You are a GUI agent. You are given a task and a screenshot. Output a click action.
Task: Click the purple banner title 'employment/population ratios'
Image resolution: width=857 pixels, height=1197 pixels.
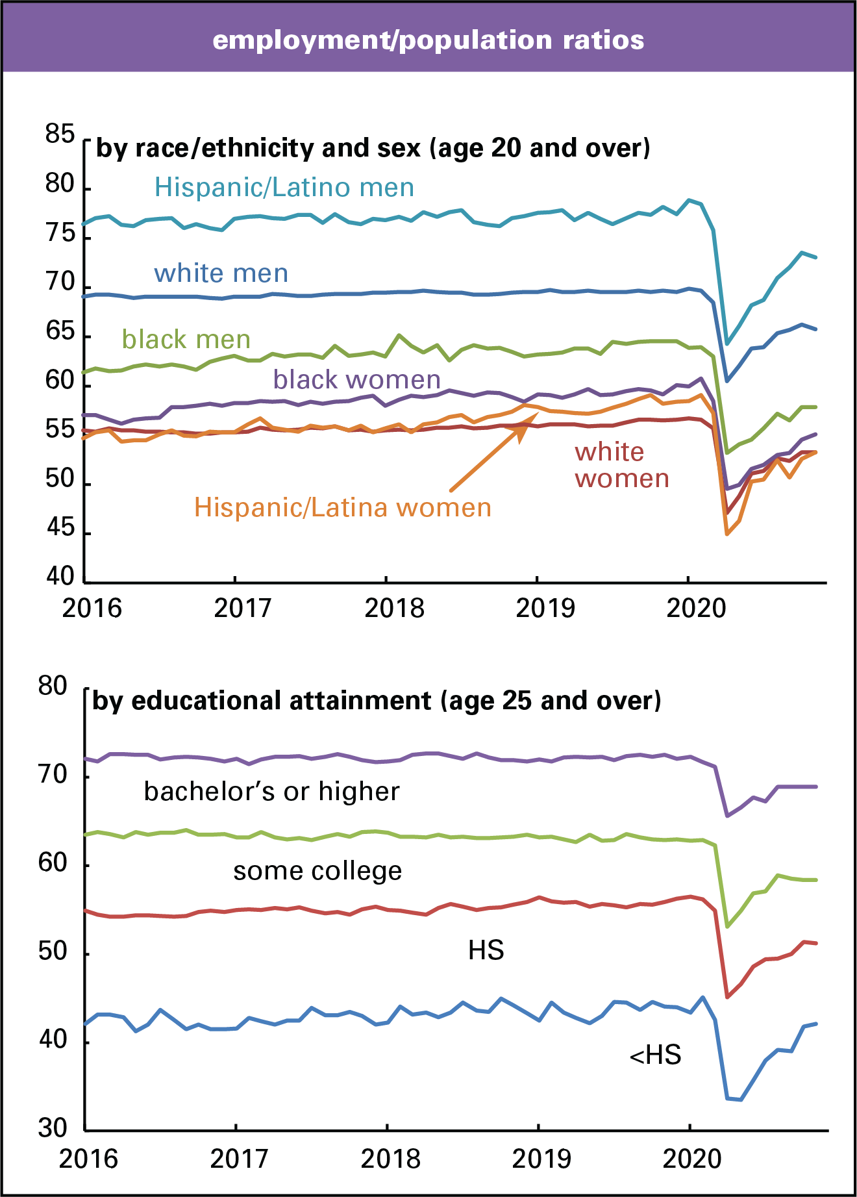click(x=429, y=40)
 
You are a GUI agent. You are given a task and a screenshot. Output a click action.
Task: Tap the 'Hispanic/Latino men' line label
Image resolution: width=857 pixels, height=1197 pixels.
click(x=284, y=188)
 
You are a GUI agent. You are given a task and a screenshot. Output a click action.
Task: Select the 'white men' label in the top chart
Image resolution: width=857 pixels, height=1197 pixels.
click(x=221, y=273)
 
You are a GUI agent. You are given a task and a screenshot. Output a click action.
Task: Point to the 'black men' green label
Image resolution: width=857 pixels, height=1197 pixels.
click(x=186, y=340)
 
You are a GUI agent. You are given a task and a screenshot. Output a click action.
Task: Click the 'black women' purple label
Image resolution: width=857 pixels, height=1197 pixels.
click(x=356, y=379)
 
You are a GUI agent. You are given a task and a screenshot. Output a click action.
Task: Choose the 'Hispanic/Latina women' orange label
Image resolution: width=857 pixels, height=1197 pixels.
click(x=343, y=508)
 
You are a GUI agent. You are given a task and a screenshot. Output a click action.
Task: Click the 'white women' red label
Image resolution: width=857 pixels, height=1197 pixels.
click(x=621, y=465)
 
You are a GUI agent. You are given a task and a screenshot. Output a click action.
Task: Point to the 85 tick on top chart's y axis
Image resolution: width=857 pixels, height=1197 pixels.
click(x=60, y=134)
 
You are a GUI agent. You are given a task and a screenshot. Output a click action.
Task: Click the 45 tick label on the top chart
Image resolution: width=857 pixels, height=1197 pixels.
click(x=60, y=528)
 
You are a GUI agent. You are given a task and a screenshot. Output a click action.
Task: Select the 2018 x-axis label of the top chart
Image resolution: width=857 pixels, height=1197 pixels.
click(x=394, y=609)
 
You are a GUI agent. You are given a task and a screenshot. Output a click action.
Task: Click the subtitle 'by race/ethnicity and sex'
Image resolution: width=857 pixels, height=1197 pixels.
click(x=373, y=148)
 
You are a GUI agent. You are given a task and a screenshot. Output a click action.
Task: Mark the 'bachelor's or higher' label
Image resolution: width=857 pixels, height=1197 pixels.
click(x=271, y=792)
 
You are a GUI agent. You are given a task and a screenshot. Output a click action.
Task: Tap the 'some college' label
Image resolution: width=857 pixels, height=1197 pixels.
click(x=317, y=871)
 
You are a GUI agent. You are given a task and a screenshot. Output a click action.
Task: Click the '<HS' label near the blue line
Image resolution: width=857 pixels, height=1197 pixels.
click(x=655, y=1055)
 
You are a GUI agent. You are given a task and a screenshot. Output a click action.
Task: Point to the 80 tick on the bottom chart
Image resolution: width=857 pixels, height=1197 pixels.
click(x=53, y=687)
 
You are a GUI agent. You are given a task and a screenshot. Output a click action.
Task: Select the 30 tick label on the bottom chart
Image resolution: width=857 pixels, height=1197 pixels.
click(x=53, y=1128)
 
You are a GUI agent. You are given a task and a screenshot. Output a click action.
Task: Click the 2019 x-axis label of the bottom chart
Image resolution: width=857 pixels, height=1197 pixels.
click(x=541, y=1159)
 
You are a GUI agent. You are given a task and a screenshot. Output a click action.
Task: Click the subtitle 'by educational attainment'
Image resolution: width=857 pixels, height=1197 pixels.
click(x=377, y=701)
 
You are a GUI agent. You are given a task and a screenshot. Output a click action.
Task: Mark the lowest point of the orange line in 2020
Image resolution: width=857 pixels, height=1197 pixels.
click(x=727, y=534)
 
